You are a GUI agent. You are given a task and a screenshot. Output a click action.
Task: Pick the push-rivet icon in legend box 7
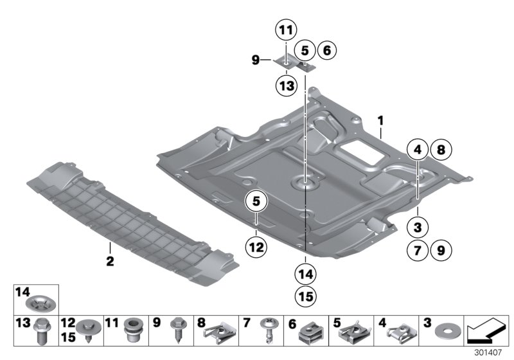coord(268,333)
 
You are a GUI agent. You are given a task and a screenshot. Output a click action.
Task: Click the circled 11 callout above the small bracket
coord(285,29)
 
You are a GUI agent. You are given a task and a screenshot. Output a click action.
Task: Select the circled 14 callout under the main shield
coord(306,274)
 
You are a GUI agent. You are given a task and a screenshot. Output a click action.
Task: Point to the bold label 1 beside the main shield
coord(380,120)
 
